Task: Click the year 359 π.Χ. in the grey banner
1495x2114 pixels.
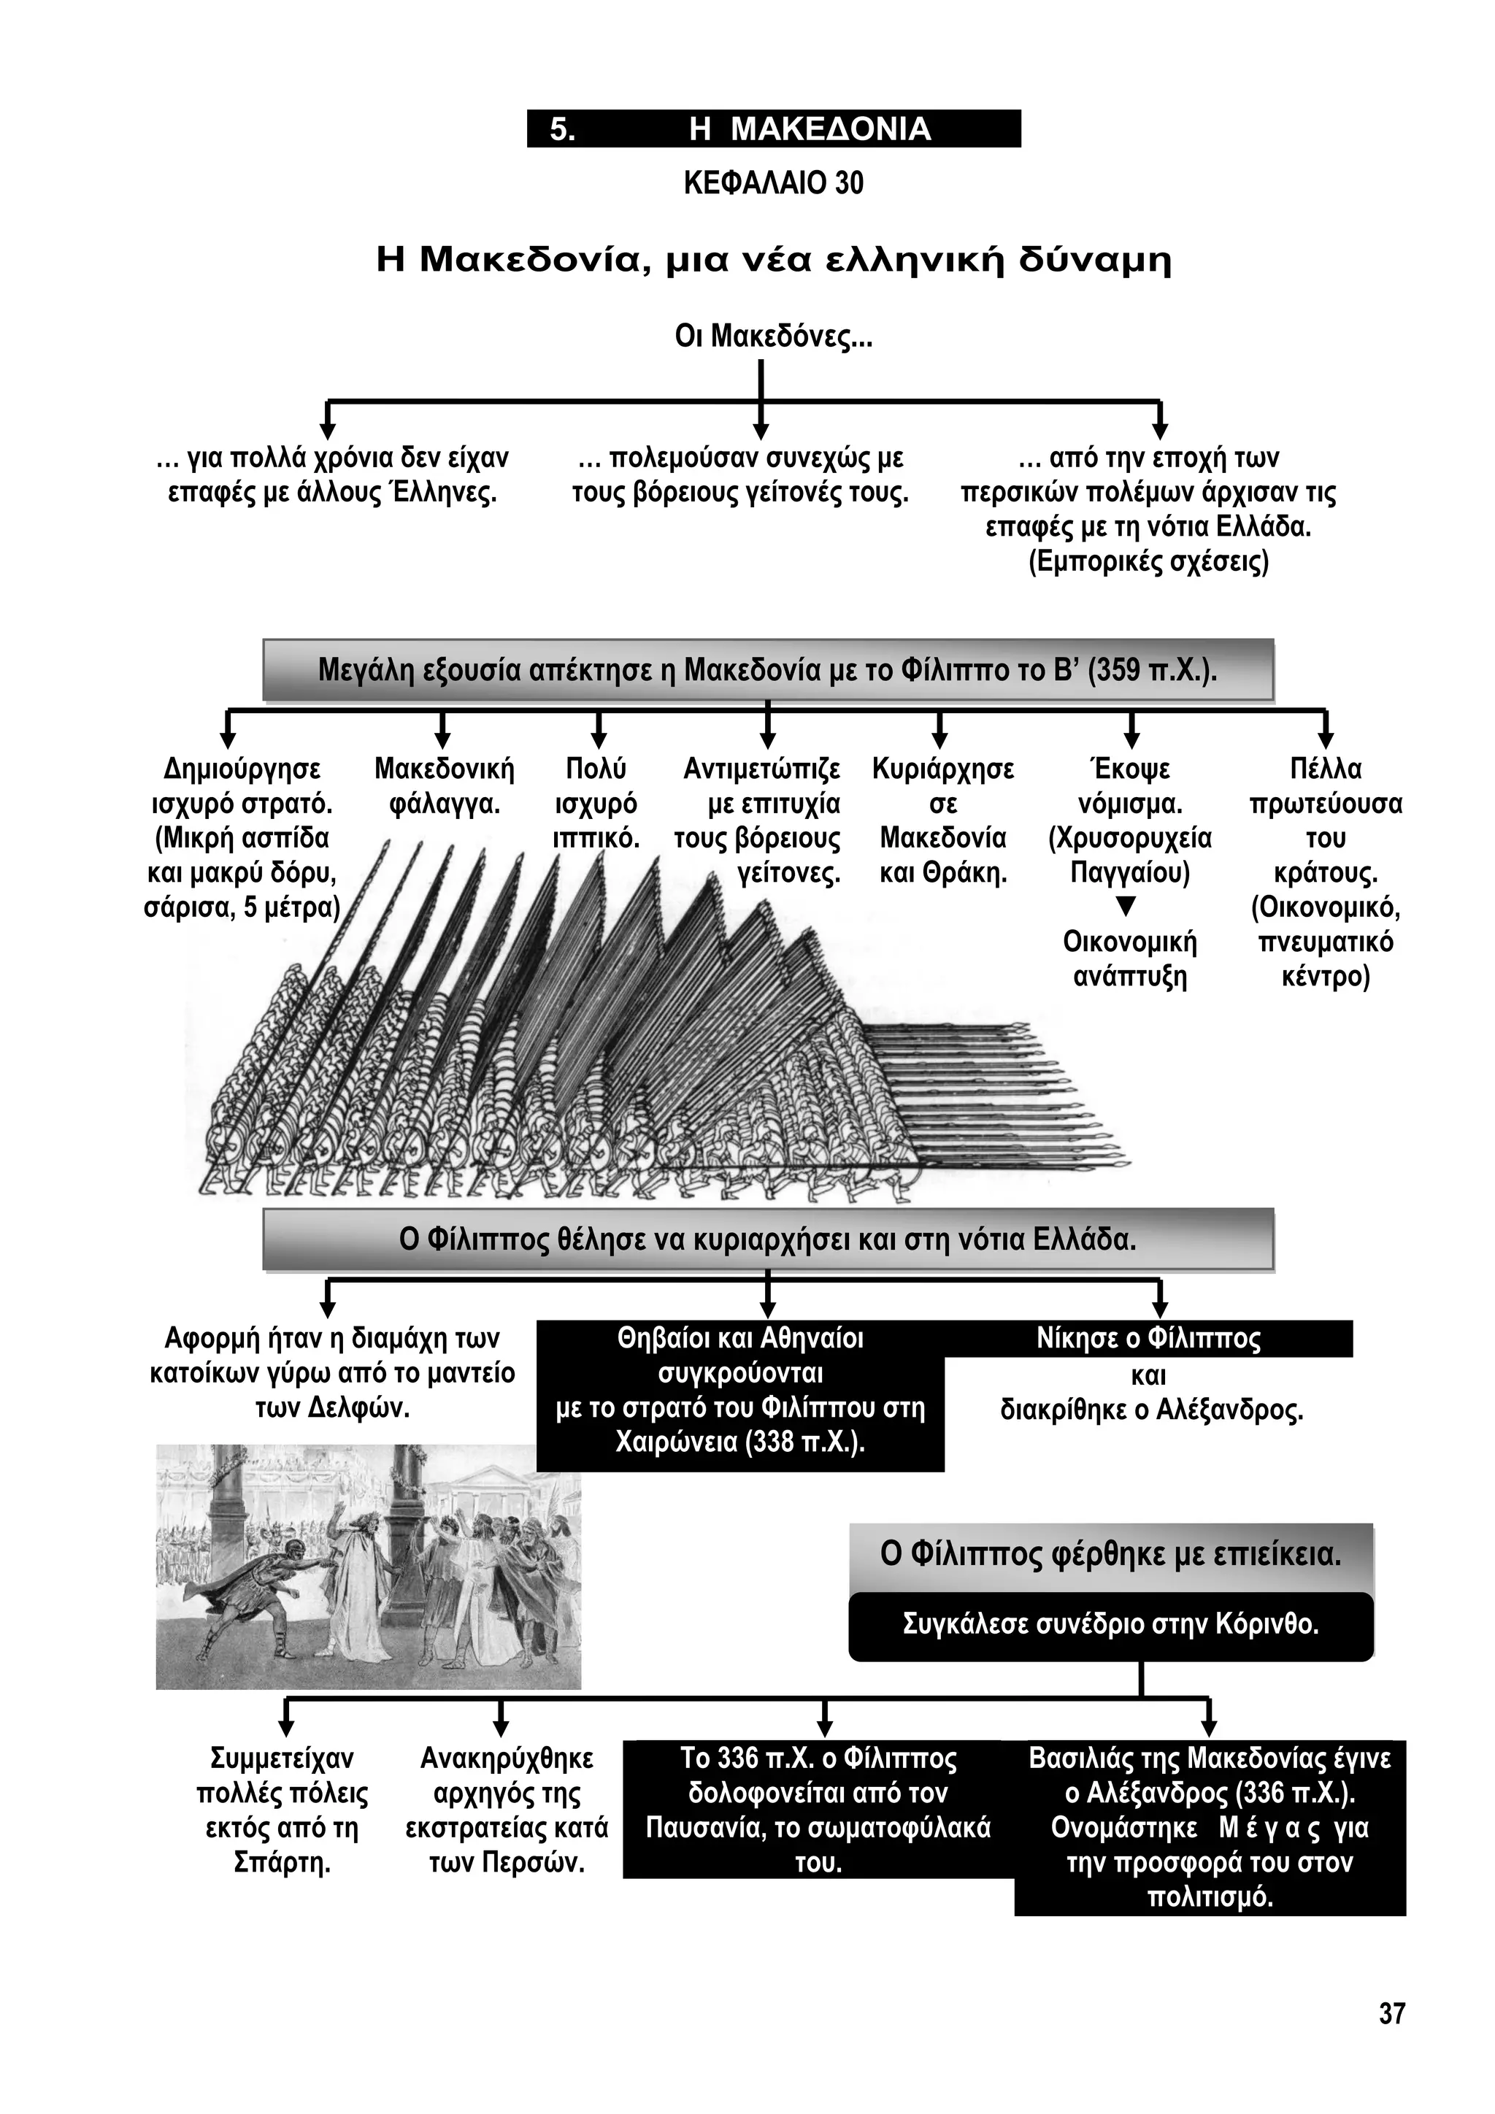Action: pos(1150,669)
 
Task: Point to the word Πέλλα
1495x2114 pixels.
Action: pos(1326,769)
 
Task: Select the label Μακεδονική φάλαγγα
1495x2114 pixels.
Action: pos(445,786)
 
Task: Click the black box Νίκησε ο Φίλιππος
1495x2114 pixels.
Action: pos(1149,1338)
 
